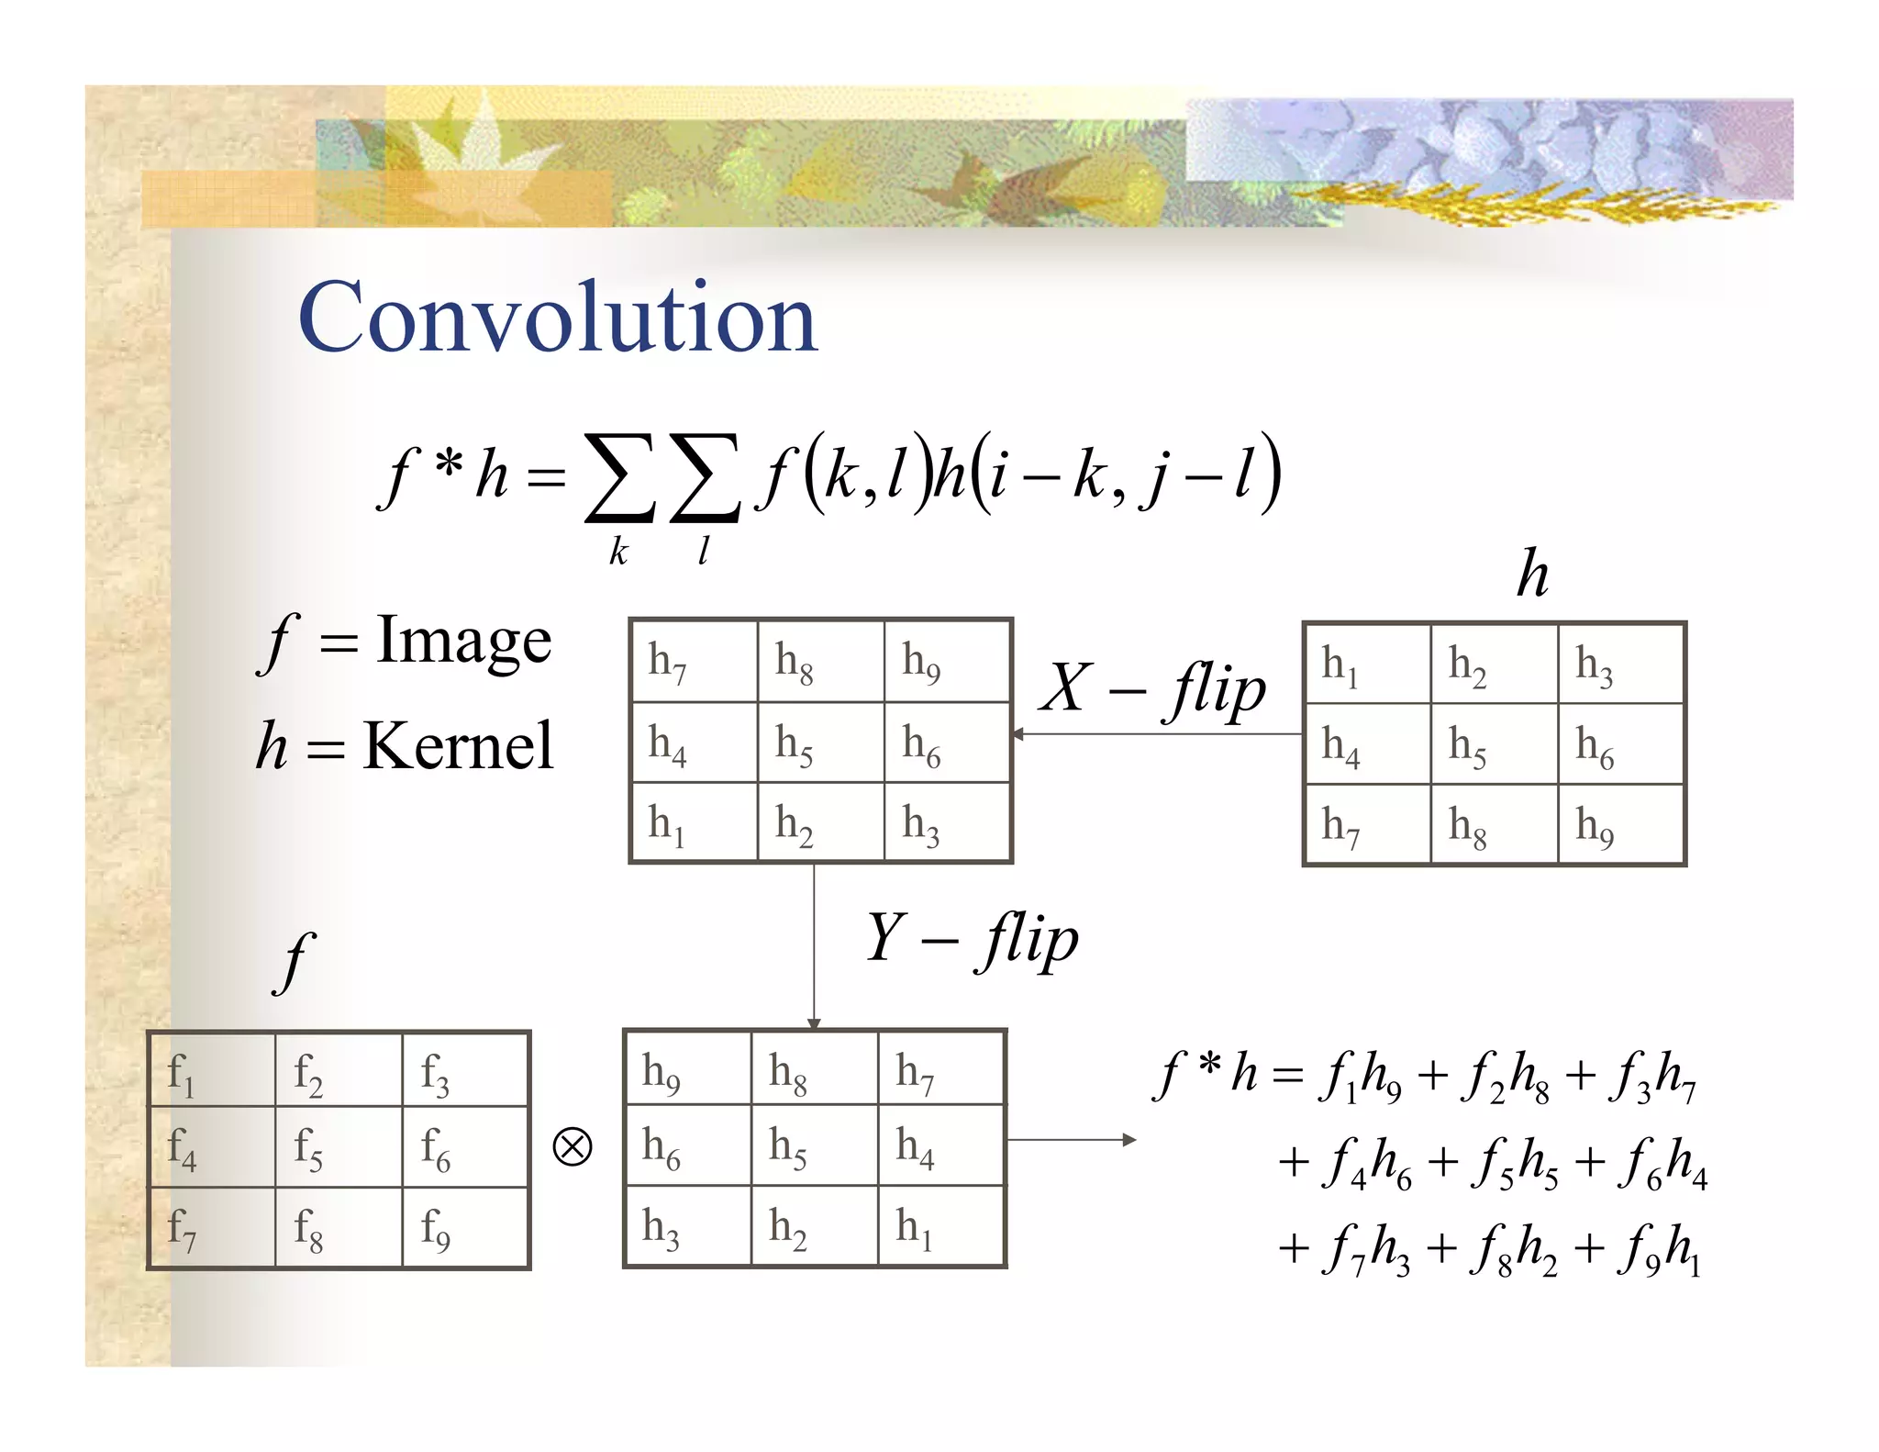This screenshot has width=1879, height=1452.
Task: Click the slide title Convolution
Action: coord(557,317)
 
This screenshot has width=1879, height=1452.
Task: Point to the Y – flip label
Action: coord(973,939)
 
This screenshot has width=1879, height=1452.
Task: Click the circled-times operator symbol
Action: coord(573,1147)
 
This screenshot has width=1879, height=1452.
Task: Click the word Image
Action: coord(464,640)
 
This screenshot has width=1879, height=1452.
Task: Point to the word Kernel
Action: coord(458,745)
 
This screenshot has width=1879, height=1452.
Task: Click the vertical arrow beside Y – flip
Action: coord(814,945)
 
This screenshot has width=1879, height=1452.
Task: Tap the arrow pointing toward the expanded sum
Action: coord(1072,1140)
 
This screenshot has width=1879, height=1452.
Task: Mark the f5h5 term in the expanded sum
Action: coord(1514,1164)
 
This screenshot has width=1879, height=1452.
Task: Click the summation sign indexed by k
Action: coord(619,477)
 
